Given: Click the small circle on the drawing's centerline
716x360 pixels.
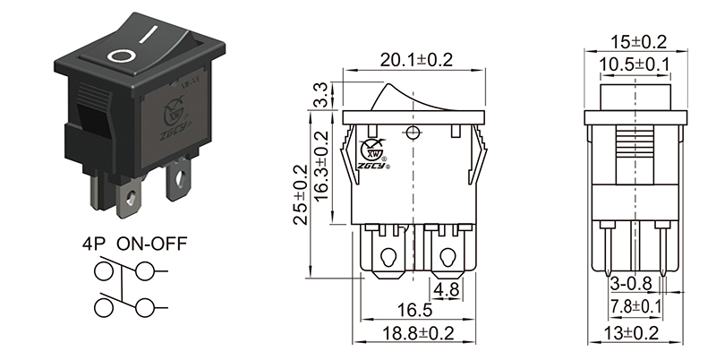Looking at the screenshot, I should tap(413, 134).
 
